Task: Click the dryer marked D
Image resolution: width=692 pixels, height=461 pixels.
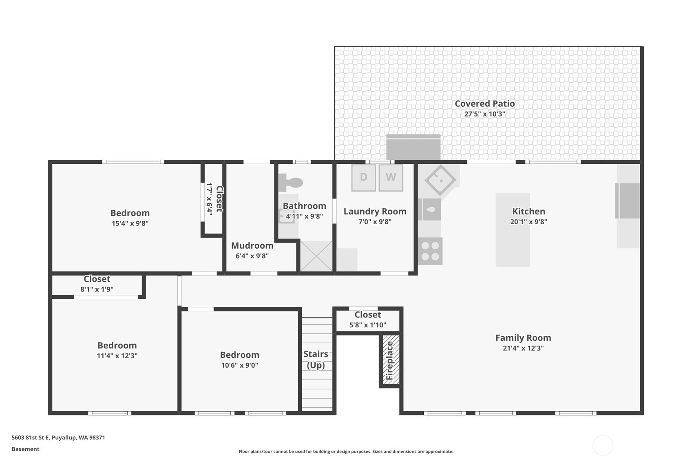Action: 363,177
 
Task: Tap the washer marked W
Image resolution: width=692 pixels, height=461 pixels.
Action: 391,177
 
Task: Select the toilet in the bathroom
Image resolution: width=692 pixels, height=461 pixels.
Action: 290,182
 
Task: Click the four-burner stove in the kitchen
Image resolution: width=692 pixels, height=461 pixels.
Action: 430,251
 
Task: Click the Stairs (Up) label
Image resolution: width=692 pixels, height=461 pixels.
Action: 316,359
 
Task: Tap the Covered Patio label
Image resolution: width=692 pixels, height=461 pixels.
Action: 484,104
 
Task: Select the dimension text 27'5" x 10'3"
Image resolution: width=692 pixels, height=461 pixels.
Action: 484,114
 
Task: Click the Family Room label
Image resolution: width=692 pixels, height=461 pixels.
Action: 523,337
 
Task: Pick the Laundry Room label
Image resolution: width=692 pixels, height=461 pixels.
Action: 375,211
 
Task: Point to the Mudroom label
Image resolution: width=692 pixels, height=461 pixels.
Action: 252,245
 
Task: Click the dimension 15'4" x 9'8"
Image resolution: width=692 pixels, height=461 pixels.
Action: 130,223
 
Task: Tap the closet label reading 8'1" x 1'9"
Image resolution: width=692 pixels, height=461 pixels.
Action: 97,289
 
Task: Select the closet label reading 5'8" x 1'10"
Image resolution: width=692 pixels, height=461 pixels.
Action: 367,325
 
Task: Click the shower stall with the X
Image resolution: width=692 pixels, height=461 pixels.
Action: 316,256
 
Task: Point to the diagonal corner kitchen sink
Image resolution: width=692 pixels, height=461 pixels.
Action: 440,180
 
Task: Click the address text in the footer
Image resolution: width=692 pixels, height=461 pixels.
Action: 58,437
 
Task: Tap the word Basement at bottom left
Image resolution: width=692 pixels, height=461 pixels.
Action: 25,449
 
